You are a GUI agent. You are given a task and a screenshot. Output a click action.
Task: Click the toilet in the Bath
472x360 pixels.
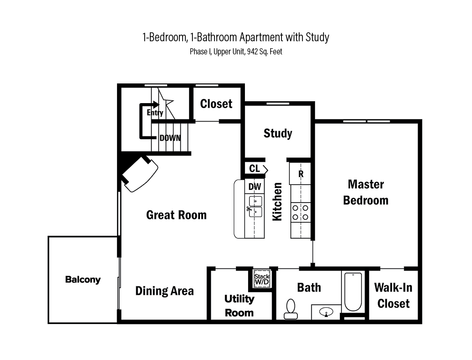tap(291, 309)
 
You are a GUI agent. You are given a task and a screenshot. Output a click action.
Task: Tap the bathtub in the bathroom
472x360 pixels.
tap(353, 292)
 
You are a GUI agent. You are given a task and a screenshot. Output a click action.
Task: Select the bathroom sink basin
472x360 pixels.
tap(326, 312)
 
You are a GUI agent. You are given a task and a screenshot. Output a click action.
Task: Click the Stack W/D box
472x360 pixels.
tap(262, 278)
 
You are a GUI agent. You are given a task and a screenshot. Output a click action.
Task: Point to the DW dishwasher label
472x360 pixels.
tap(255, 187)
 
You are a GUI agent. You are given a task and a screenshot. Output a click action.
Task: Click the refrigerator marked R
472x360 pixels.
tap(301, 173)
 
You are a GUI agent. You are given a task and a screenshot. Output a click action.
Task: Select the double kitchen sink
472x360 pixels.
tap(255, 206)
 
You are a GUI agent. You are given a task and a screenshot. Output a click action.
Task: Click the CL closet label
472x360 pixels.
tap(254, 168)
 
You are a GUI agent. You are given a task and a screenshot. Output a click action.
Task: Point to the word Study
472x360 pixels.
tap(278, 133)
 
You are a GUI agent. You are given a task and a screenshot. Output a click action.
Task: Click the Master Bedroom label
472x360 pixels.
tap(366, 192)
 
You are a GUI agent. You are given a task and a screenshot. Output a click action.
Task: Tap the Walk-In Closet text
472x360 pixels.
tap(393, 295)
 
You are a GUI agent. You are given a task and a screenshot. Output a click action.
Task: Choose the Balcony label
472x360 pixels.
tap(83, 279)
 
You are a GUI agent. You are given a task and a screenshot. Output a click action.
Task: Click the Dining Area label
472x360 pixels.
tap(164, 291)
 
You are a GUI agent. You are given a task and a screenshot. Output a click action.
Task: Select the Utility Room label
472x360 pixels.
tap(239, 306)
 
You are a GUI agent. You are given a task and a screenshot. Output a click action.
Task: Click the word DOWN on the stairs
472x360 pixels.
tap(170, 138)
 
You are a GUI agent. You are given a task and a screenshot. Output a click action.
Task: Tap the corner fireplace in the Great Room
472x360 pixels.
tap(140, 174)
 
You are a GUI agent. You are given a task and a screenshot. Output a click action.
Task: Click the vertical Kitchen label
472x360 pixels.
tap(277, 202)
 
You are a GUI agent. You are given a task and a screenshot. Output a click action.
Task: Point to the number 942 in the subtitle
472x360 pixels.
tap(252, 52)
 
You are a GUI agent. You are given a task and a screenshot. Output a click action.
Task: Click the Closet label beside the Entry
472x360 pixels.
tap(216, 104)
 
